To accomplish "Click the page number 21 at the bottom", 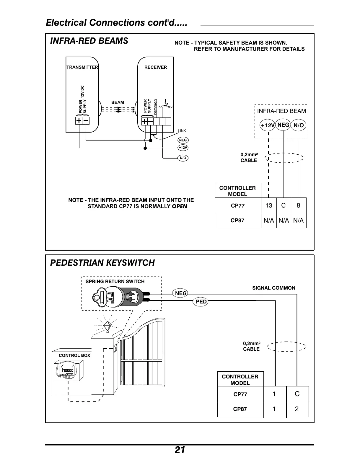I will pos(180,450).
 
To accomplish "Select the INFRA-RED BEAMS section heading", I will pos(89,41).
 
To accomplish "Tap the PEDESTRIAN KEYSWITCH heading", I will pos(102,263).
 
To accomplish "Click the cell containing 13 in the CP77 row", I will pos(268,205).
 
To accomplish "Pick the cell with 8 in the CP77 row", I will pos(298,205).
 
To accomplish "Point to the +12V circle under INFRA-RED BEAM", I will pos(268,125).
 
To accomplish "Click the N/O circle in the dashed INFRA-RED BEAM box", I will pos(299,125).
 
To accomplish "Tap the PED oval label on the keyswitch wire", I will pos(201,302).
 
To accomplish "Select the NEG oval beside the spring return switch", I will pos(181,293).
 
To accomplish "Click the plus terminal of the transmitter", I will pos(79,120).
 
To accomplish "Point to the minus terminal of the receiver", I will pos(151,121).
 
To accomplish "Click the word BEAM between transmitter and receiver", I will pos(118,102).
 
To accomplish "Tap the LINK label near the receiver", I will pos(182,131).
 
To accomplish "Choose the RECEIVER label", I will pos(156,67).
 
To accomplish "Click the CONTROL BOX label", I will pos(74,355).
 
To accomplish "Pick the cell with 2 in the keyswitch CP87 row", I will pos(297,409).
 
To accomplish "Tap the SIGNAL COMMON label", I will pos(273,288).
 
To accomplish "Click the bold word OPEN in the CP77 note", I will pos(180,206).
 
